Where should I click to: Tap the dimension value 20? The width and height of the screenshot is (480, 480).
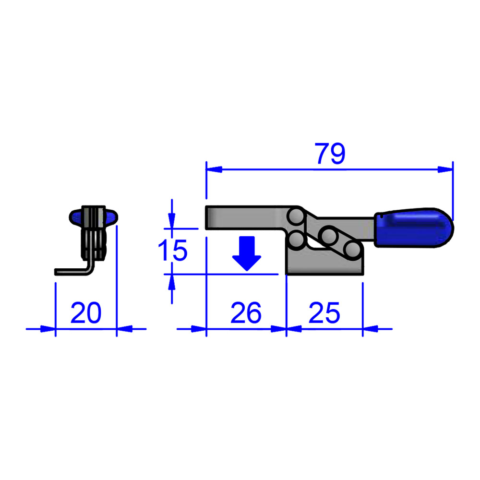tap(86, 313)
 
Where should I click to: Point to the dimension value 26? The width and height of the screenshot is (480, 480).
tap(246, 313)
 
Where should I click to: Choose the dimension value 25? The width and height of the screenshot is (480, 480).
tap(324, 313)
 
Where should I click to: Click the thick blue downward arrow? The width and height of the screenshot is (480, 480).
tap(247, 254)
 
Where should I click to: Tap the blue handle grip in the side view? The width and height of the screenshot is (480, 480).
tap(414, 228)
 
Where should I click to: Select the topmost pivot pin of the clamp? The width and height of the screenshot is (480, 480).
tap(297, 216)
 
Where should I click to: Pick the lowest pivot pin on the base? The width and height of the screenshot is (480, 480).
tap(352, 250)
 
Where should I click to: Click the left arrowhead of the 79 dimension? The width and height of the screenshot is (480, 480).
tap(213, 169)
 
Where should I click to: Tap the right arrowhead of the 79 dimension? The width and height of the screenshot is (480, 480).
tap(445, 169)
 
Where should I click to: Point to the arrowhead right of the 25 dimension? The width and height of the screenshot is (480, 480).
tap(370, 329)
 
